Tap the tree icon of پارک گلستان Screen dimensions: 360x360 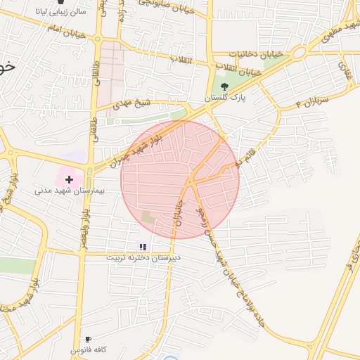(x=224, y=86)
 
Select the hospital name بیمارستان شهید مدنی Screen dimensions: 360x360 (x=69, y=191)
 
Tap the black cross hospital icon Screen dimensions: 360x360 (x=69, y=180)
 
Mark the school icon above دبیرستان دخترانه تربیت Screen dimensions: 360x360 (x=143, y=247)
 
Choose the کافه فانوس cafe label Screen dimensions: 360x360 (x=88, y=349)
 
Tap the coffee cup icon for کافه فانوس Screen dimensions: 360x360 (x=88, y=339)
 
